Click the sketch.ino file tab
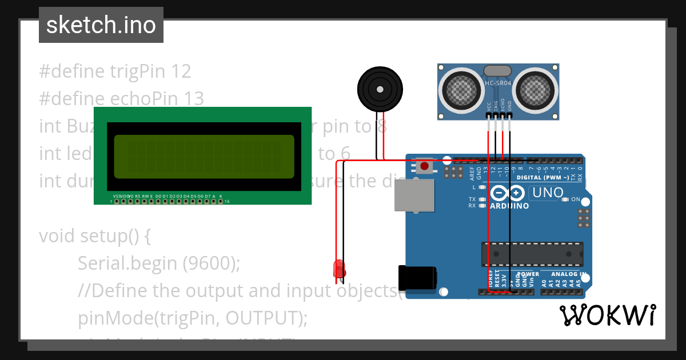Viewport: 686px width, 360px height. tap(101, 25)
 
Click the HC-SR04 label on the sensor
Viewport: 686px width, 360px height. tap(498, 83)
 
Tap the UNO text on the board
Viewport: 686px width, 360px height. tap(547, 193)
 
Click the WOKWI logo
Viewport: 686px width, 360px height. tap(607, 315)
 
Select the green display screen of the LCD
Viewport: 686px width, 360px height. tap(204, 156)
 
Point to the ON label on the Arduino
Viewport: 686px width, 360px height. tap(576, 199)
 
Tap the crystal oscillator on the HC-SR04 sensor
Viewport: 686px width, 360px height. tap(498, 70)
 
